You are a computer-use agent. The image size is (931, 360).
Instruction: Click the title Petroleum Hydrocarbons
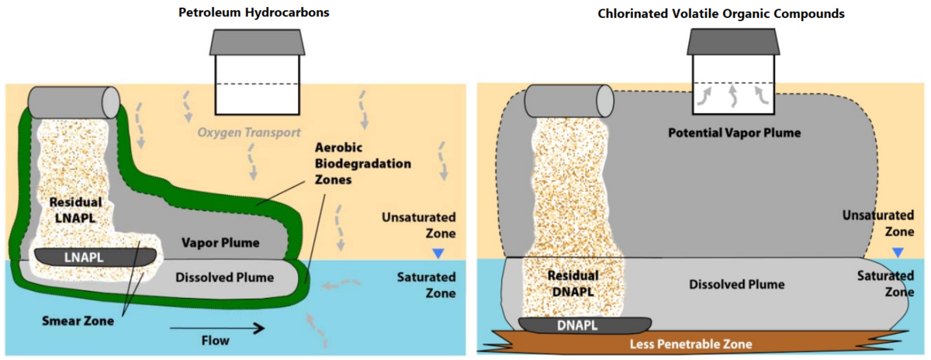255,13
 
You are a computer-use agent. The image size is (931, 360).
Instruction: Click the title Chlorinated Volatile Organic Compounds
722,13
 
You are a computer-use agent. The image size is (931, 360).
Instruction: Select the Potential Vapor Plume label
734,133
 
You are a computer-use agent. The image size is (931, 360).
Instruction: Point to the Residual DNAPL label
573,283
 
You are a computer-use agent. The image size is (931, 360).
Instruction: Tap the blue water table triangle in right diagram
898,253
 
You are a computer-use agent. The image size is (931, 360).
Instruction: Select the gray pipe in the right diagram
569,100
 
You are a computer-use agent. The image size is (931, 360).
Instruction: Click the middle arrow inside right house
733,95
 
